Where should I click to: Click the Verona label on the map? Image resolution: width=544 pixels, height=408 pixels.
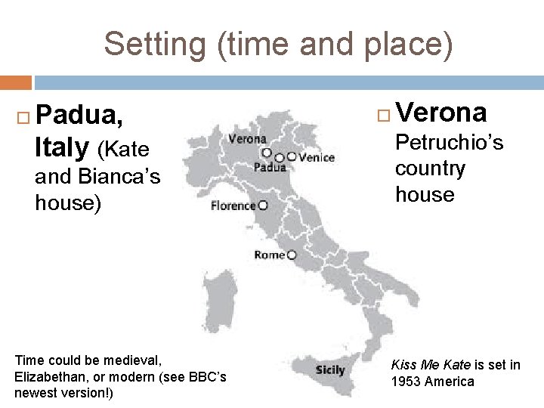pyautogui.click(x=247, y=139)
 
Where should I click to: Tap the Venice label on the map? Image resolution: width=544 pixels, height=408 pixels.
pyautogui.click(x=317, y=158)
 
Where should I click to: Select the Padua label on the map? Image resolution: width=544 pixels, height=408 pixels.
pyautogui.click(x=270, y=168)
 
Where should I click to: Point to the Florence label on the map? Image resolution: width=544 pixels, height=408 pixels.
pyautogui.click(x=233, y=206)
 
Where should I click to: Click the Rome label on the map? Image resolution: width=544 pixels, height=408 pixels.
pyautogui.click(x=270, y=255)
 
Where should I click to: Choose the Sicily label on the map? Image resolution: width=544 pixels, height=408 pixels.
pyautogui.click(x=329, y=370)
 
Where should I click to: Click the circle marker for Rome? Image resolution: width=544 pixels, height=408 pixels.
pyautogui.click(x=292, y=255)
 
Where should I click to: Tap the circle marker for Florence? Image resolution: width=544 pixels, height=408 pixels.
pyautogui.click(x=263, y=205)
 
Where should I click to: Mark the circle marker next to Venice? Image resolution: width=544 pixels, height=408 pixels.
pyautogui.click(x=292, y=157)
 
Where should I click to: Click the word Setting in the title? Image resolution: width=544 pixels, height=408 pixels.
pyautogui.click(x=154, y=45)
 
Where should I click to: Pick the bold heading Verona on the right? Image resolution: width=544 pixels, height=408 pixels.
pyautogui.click(x=440, y=113)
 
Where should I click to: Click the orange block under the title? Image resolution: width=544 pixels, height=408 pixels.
pyautogui.click(x=16, y=82)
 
